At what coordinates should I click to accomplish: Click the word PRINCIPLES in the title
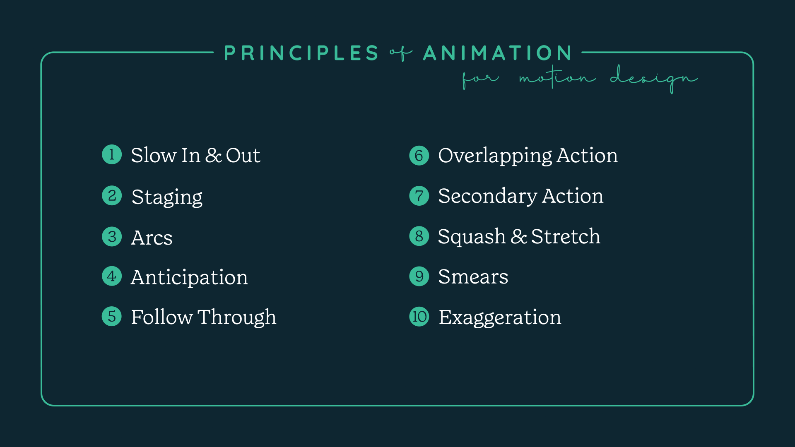301,53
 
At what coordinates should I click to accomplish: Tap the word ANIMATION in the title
497,53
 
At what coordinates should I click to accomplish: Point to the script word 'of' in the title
400,53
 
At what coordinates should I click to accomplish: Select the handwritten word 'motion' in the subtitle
557,77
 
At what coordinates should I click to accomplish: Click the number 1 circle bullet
112,154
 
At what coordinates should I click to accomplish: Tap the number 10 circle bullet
419,317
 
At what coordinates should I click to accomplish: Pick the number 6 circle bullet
419,155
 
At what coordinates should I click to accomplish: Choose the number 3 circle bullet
112,236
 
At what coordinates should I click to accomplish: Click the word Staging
167,197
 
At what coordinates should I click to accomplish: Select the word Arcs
152,238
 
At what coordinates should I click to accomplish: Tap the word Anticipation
189,277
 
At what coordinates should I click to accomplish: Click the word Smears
473,276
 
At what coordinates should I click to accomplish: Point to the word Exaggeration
500,317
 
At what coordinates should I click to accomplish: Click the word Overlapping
495,156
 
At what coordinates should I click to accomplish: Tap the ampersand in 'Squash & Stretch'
518,236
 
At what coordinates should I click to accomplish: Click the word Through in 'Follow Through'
237,317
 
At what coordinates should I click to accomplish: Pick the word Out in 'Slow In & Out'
243,155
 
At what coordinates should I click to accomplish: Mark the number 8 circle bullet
419,236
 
